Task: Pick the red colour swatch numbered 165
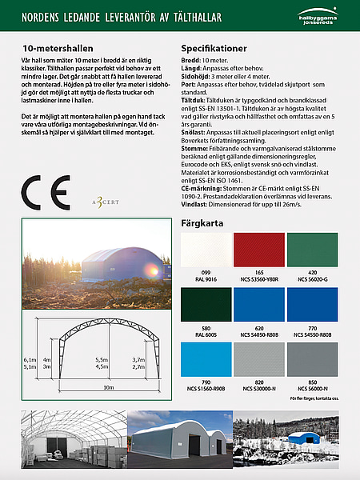pos(259,250)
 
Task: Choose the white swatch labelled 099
pos(206,250)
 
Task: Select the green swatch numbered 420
pos(312,250)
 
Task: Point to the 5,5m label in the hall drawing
pos(102,360)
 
